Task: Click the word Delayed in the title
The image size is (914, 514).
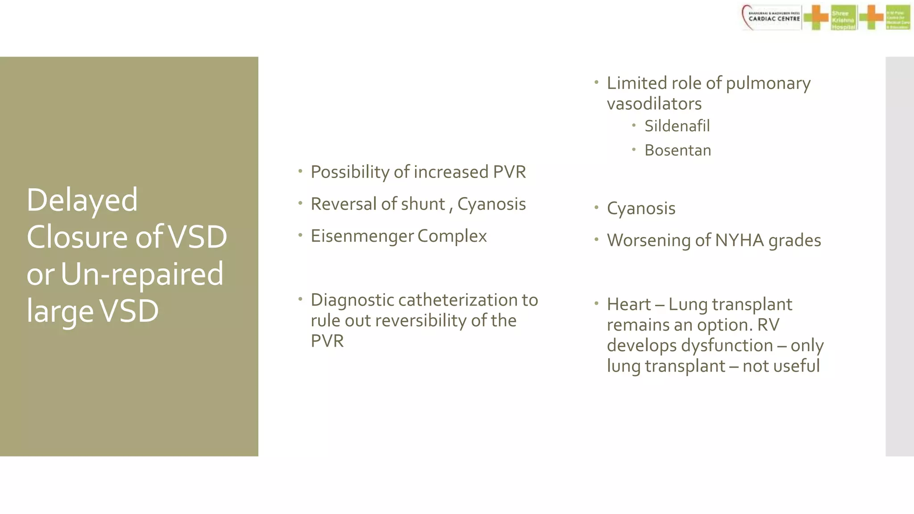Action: (x=82, y=200)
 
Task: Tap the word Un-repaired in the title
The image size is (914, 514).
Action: (x=142, y=274)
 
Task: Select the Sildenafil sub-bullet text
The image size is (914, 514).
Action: (x=677, y=126)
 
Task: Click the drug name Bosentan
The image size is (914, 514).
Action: (x=677, y=150)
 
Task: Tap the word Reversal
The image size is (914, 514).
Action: (x=343, y=204)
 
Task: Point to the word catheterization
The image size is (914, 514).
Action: (x=457, y=300)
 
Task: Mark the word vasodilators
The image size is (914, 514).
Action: (x=654, y=104)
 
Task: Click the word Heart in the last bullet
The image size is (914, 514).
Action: (x=628, y=305)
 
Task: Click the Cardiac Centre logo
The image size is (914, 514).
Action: (x=772, y=18)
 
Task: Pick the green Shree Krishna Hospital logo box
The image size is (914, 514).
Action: (x=843, y=18)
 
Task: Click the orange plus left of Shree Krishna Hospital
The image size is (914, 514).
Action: (x=816, y=18)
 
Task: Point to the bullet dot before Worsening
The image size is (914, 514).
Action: (x=596, y=240)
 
